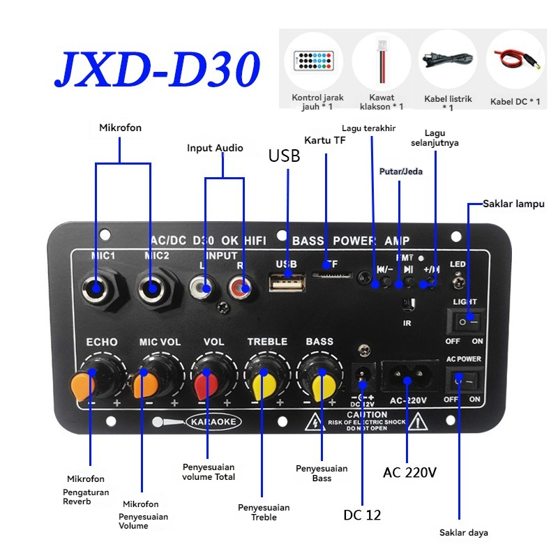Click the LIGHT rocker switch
[464, 322]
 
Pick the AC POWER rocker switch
[464, 381]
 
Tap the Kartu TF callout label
[325, 139]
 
